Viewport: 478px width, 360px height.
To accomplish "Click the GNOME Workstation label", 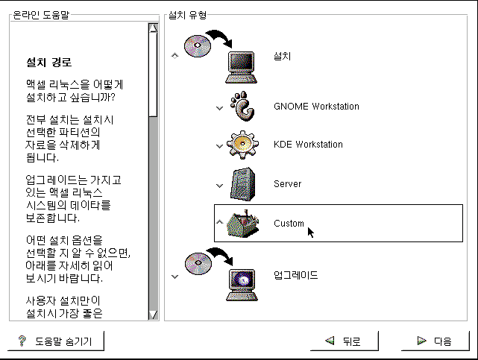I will (x=316, y=107).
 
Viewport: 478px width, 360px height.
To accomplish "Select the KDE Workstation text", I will (x=308, y=145).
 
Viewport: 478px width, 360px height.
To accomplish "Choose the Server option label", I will (x=287, y=183).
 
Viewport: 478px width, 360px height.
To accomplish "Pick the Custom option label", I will (x=289, y=224).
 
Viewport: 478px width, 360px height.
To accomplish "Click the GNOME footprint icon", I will (x=245, y=107).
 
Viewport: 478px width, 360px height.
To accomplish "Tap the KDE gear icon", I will (x=245, y=145).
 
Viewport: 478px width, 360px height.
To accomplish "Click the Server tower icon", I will (x=245, y=184).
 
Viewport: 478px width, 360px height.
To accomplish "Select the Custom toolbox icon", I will (x=245, y=223).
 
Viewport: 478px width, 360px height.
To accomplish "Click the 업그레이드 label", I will (x=296, y=276).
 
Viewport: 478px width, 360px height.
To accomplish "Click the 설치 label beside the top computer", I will (x=283, y=57).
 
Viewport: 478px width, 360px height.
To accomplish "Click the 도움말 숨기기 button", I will (x=57, y=341).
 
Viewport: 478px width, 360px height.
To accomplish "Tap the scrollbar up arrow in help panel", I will (x=153, y=28).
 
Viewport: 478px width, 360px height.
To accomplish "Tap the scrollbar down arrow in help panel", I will (x=153, y=315).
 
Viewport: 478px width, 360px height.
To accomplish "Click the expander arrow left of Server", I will (x=219, y=185).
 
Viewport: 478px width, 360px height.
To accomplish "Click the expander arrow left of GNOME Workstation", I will (x=219, y=107).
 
